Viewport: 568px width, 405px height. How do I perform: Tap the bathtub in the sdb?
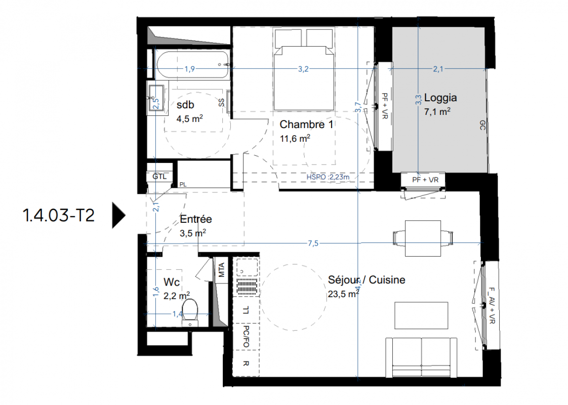point(193,65)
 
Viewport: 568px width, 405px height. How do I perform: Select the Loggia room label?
point(440,98)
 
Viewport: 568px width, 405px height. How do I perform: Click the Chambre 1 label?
point(306,125)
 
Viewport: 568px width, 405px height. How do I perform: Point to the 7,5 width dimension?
point(313,244)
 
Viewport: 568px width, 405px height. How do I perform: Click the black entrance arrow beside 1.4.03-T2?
point(118,216)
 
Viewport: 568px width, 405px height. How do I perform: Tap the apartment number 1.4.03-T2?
point(59,216)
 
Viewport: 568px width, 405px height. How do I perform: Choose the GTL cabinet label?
point(159,177)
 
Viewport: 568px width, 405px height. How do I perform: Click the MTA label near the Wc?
point(221,270)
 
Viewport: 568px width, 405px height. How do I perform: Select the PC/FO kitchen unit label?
point(246,337)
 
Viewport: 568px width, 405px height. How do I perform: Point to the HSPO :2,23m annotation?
point(328,177)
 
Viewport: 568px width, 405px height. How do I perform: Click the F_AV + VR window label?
point(492,306)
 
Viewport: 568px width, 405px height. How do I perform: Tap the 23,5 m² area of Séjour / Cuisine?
point(343,294)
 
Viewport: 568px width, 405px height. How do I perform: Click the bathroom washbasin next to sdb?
point(156,98)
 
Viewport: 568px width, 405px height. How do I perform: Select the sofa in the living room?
point(421,357)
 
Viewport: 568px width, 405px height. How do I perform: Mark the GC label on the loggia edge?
point(482,126)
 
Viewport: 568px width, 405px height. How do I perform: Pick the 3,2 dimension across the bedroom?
point(303,69)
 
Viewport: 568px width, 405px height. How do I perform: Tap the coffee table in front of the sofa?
point(421,315)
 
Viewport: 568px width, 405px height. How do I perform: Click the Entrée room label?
point(195,219)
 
